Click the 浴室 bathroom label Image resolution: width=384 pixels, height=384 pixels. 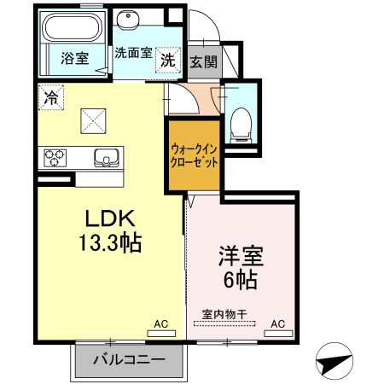click(x=74, y=58)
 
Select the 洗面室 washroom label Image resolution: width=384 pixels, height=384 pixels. click(x=133, y=52)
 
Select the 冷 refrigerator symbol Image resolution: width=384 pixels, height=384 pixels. click(x=50, y=97)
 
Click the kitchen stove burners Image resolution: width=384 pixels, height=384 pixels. click(x=55, y=157)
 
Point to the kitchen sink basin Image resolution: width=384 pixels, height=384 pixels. click(x=108, y=157)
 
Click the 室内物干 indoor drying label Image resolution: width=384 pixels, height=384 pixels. click(x=224, y=313)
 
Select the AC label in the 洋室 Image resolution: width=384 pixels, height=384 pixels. click(x=277, y=324)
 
